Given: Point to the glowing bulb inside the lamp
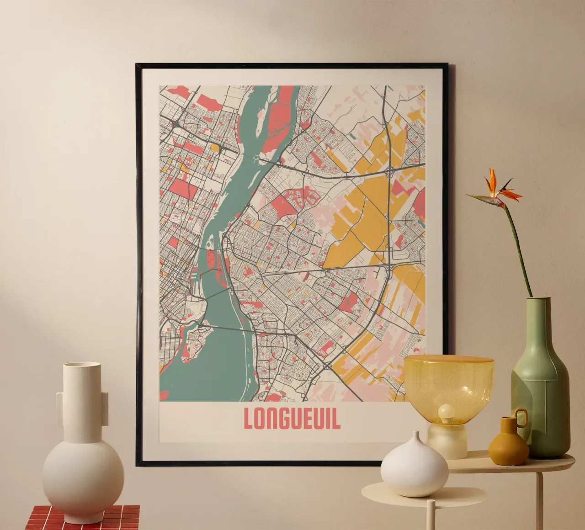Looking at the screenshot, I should point(446,414).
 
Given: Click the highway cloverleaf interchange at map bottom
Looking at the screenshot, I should point(329,366).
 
